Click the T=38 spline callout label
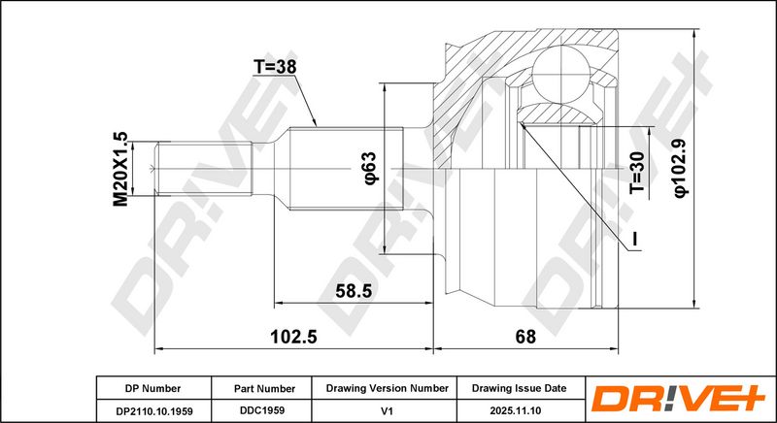point(275,67)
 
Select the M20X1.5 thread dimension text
point(120,169)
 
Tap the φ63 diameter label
point(371,168)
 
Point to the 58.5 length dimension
point(354,291)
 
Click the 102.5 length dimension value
point(293,337)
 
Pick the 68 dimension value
point(525,337)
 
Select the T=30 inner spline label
point(638,172)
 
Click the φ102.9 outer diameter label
point(682,169)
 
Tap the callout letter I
point(635,239)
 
